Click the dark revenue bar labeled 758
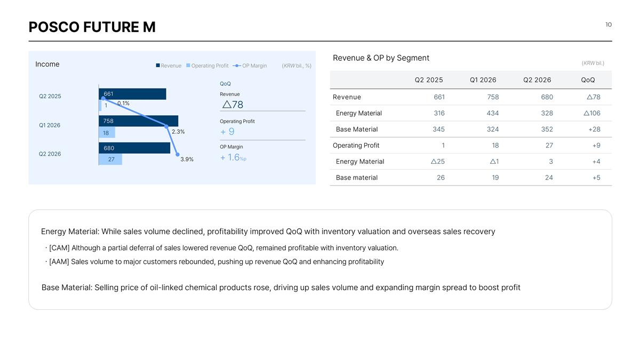click(x=138, y=121)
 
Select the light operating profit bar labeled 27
click(x=110, y=159)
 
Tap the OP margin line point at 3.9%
click(x=178, y=155)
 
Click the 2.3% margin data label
click(x=178, y=132)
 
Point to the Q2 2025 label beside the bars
click(x=50, y=97)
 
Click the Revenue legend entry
click(x=169, y=66)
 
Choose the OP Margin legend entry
click(x=250, y=66)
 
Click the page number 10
click(x=609, y=25)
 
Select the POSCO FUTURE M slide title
click(x=92, y=27)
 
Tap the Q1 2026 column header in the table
click(x=483, y=80)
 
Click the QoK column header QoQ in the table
click(x=588, y=80)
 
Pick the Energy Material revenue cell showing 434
click(x=493, y=113)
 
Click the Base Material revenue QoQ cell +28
click(x=594, y=130)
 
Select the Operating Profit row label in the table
click(x=356, y=146)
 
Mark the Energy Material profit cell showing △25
click(x=438, y=162)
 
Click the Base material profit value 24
click(x=549, y=178)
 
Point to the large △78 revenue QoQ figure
click(x=233, y=105)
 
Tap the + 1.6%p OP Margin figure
click(x=233, y=157)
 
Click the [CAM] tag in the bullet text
click(x=59, y=248)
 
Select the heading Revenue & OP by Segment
click(x=381, y=58)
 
